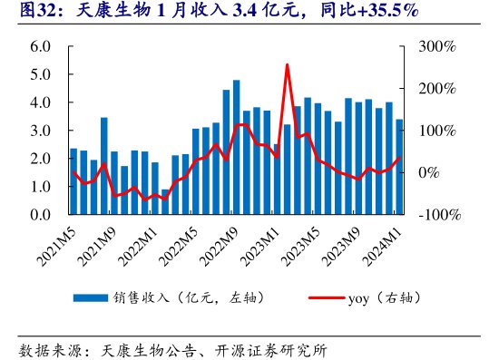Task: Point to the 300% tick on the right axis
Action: click(438, 46)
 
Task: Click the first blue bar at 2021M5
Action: click(73, 181)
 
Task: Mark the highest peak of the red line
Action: click(287, 64)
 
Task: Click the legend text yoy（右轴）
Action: click(384, 297)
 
